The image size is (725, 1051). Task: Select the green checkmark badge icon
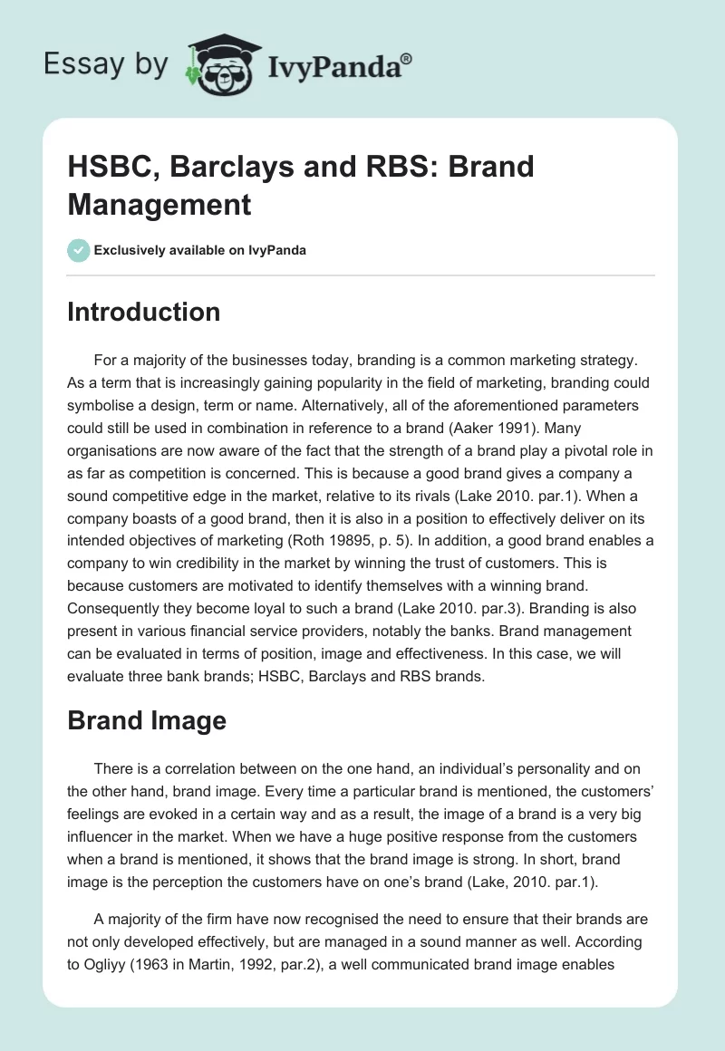[79, 250]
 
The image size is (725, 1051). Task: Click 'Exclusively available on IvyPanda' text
[199, 250]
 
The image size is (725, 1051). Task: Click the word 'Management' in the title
[159, 204]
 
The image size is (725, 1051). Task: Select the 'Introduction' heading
[144, 312]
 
